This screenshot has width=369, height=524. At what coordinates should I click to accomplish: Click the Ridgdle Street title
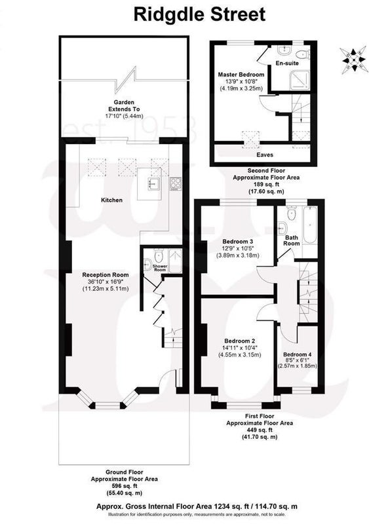coord(199,14)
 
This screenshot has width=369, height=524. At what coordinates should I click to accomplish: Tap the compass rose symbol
coord(353,60)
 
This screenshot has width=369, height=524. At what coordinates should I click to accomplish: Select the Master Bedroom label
coord(241,75)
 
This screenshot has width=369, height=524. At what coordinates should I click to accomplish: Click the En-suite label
coord(287,63)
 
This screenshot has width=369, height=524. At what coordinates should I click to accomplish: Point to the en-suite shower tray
coord(300,80)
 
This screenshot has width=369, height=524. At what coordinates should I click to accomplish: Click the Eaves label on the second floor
coord(265,155)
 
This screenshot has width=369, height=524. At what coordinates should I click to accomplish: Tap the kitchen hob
coord(176,184)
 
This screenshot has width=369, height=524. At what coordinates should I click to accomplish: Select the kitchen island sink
coord(154,183)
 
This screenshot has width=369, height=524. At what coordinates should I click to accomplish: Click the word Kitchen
coord(111,200)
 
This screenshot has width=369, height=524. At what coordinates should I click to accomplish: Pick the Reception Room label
coord(106,275)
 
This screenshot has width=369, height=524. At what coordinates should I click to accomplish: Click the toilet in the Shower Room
coord(159,256)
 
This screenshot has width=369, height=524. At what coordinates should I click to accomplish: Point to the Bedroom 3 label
coord(238,242)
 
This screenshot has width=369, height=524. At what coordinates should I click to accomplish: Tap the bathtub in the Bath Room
coord(310,225)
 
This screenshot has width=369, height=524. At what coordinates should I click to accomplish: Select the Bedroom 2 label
coord(239,341)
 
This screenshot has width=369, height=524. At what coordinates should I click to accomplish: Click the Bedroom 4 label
coord(298,354)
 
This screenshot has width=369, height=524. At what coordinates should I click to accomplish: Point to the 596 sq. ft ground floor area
coord(124,485)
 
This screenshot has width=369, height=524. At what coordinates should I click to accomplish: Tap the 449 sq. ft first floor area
coord(260,430)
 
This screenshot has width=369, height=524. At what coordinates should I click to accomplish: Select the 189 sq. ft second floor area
coord(266,184)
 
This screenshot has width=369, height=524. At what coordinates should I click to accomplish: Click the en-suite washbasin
coord(284,50)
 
